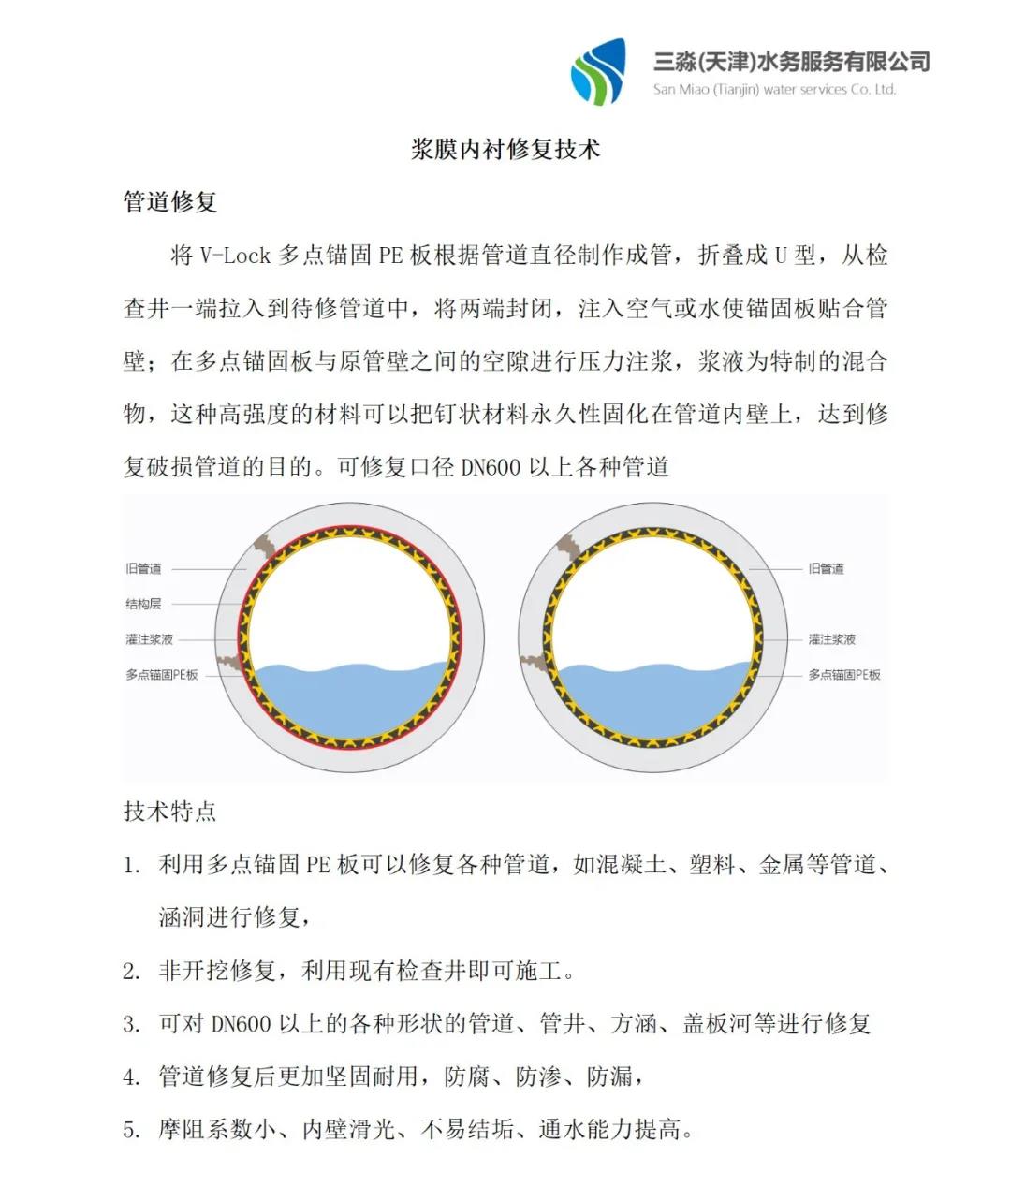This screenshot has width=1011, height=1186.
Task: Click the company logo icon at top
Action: coord(598,72)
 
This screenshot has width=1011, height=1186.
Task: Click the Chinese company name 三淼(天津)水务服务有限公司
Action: coord(791,62)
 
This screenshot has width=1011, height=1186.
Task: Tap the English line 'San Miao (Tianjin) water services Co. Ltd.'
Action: coord(774,90)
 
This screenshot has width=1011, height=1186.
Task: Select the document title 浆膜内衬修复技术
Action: coord(505,149)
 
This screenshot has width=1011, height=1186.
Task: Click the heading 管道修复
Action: coord(170,201)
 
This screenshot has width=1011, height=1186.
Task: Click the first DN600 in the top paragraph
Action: coord(491,467)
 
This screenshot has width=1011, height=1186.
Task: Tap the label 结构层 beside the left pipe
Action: coord(143,604)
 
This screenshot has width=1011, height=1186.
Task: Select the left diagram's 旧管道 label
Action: coord(143,568)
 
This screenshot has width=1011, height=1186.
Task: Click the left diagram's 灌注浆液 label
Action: coord(150,639)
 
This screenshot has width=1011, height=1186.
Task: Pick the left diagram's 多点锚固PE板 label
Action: coord(162,674)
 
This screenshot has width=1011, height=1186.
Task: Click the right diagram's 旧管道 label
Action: coord(826,568)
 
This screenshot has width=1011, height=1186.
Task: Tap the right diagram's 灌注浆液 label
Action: coord(832,639)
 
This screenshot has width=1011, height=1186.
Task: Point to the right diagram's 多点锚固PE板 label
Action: coord(844,674)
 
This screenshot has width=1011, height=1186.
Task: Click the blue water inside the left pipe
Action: coord(351,697)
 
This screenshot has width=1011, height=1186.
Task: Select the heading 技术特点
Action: coord(170,811)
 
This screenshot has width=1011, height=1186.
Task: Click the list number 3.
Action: coord(131,1024)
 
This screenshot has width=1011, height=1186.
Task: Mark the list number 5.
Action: coord(131,1131)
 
